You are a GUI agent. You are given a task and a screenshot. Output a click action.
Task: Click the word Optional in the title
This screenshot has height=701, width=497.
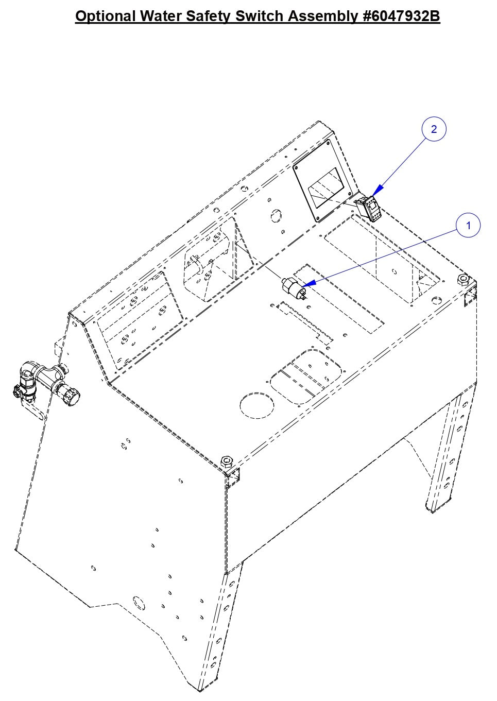tap(106, 16)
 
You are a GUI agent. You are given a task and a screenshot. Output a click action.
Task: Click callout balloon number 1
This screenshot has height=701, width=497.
tap(468, 226)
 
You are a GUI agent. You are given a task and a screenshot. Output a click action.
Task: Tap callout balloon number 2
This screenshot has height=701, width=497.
tap(434, 129)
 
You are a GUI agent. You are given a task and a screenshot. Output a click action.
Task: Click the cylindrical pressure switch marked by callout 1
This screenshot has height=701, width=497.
tap(293, 287)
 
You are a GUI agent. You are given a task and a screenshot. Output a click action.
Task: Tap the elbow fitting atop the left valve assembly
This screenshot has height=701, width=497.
tap(28, 370)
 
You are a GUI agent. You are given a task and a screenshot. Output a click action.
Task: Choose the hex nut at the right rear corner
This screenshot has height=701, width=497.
tap(462, 279)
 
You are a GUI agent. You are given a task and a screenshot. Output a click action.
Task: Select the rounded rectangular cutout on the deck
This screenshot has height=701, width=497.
tap(306, 374)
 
